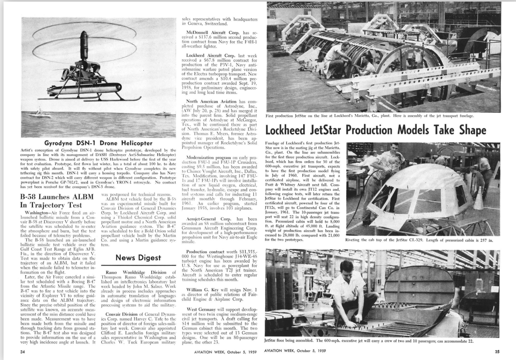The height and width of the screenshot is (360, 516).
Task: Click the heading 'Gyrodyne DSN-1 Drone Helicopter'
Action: (x=98, y=143)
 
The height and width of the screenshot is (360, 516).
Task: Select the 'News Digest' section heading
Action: (x=138, y=258)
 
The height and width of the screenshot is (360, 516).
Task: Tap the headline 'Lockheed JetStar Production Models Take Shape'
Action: (x=375, y=130)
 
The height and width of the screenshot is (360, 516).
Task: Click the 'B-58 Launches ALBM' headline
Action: (x=56, y=197)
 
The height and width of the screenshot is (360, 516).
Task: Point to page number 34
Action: (x=23, y=352)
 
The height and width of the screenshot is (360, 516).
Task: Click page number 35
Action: (x=497, y=352)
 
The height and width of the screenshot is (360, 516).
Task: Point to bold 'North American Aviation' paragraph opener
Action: (x=211, y=102)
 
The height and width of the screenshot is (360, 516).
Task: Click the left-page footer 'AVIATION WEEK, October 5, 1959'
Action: (x=225, y=352)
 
